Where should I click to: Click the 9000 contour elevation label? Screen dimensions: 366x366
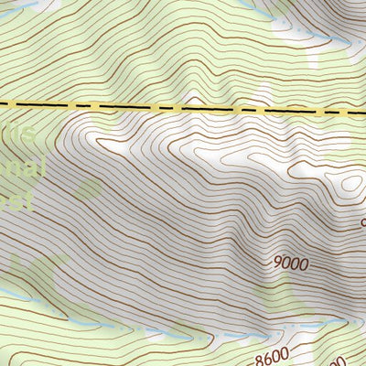point(292,263)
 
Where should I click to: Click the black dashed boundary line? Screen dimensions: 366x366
point(183,107)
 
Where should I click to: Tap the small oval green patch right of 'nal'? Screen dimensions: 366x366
point(89,189)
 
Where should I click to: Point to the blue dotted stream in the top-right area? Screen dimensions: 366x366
point(316,39)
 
